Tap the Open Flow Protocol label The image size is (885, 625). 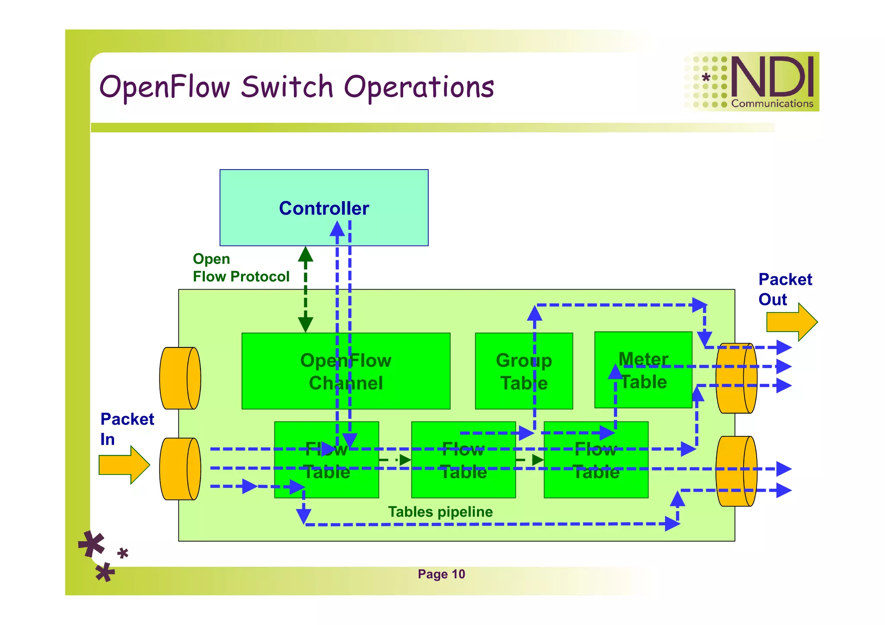[240, 268]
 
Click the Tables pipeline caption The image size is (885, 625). [440, 512]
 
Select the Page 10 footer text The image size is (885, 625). [441, 574]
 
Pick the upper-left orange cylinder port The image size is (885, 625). [180, 378]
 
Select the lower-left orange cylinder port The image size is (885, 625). [180, 469]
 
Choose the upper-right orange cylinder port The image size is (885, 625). [736, 378]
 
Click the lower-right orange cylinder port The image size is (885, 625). [736, 471]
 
